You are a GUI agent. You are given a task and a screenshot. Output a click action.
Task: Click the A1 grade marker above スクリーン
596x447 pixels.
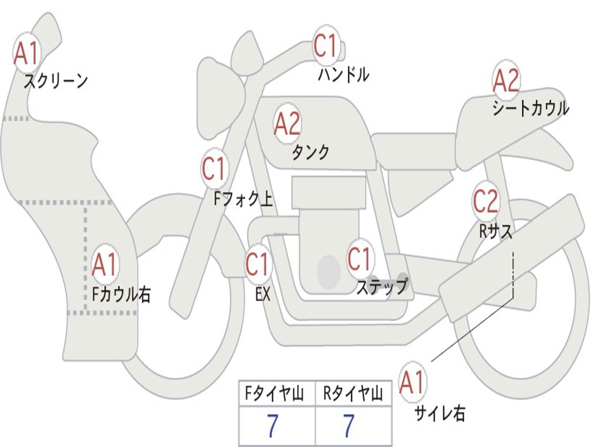pyautogui.click(x=27, y=53)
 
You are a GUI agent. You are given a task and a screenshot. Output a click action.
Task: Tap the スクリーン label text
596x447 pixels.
pyautogui.click(x=55, y=81)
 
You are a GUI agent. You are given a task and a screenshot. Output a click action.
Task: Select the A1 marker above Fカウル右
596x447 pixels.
pyautogui.click(x=105, y=265)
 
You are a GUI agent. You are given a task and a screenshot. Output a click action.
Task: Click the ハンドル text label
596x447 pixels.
pyautogui.click(x=343, y=74)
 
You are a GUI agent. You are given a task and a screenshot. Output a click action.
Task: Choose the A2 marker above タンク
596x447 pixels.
pyautogui.click(x=288, y=123)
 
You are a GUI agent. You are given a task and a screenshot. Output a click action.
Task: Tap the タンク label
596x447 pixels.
pyautogui.click(x=311, y=152)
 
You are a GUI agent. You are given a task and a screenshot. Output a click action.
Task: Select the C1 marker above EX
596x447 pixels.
pyautogui.click(x=258, y=264)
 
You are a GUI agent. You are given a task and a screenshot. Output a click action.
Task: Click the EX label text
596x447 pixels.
pyautogui.click(x=262, y=294)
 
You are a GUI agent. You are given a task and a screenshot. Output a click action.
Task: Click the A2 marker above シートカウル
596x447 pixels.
pyautogui.click(x=506, y=80)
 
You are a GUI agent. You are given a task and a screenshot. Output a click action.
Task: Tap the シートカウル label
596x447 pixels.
pyautogui.click(x=530, y=109)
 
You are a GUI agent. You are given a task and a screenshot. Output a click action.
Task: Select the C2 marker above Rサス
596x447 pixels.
pyautogui.click(x=485, y=201)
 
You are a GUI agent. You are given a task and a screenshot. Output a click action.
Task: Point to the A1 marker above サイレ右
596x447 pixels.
pyautogui.click(x=413, y=382)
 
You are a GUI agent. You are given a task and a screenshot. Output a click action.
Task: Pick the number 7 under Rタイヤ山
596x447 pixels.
pyautogui.click(x=349, y=427)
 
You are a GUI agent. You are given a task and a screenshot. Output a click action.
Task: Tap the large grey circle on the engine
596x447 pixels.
pyautogui.click(x=328, y=271)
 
